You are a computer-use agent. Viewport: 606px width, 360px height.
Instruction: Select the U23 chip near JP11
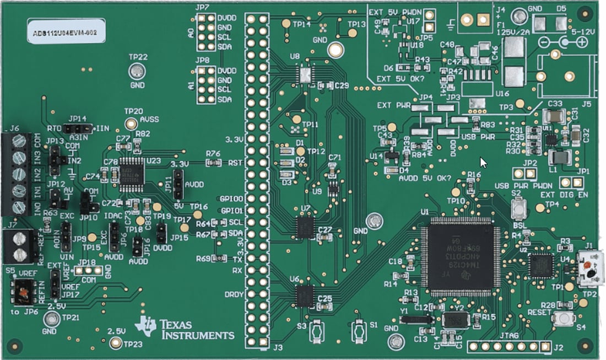pos(132,170)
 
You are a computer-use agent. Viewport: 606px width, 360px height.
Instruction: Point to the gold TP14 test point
pos(286,24)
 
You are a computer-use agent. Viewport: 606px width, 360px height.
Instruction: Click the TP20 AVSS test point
pos(131,123)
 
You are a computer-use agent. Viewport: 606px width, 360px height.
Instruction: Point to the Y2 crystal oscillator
pos(456,319)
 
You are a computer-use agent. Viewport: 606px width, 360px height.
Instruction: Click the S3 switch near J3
pos(317,330)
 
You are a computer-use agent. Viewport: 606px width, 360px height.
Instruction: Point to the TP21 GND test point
pos(52,318)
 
